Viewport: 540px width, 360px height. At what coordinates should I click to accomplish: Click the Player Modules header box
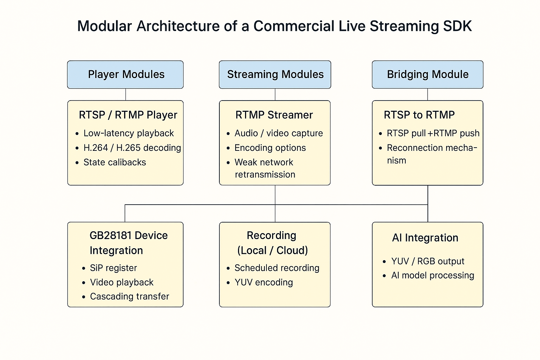pos(126,75)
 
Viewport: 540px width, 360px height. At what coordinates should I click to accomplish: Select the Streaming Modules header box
pos(275,75)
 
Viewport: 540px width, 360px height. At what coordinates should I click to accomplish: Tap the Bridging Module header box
pos(427,75)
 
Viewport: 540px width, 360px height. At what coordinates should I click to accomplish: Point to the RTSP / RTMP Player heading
pos(128,115)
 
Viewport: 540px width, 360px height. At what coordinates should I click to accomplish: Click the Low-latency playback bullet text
pos(128,133)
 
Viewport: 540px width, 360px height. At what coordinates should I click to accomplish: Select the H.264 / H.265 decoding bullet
pos(132,148)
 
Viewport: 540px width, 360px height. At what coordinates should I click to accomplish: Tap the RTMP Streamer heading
pos(274,115)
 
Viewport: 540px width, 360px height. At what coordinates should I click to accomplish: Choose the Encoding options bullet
pos(270,148)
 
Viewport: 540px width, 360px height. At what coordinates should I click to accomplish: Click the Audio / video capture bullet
pos(279,133)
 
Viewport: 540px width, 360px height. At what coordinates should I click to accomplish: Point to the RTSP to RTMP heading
pos(419,115)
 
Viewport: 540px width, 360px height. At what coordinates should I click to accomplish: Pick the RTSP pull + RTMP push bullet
pos(433,133)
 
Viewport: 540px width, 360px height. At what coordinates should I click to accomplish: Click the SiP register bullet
pos(113,268)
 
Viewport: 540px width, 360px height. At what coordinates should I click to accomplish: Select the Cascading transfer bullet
pos(129,296)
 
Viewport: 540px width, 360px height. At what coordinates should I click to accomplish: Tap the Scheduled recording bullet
pos(277,268)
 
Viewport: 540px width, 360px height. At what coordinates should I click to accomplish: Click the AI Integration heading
pos(425,238)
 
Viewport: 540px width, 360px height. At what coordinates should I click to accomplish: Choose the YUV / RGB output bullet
pos(427,261)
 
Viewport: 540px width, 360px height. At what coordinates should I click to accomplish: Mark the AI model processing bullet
pos(432,275)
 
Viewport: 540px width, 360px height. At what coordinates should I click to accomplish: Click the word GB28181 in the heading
pos(111,235)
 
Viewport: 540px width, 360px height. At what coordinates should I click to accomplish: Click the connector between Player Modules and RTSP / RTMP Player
pos(126,95)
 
